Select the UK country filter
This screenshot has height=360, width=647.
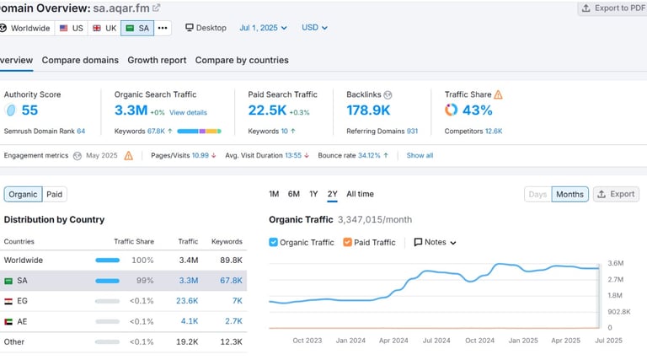(x=104, y=28)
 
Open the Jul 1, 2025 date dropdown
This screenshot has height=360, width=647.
(x=263, y=28)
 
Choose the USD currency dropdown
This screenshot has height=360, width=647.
(x=314, y=28)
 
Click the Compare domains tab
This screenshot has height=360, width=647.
(x=80, y=60)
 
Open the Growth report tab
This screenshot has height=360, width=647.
(x=157, y=60)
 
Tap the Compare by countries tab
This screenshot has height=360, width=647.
(x=242, y=60)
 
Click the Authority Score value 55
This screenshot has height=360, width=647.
(x=29, y=110)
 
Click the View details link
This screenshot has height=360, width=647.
(x=188, y=112)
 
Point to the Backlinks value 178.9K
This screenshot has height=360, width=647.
(x=368, y=110)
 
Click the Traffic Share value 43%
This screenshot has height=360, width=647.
(x=477, y=110)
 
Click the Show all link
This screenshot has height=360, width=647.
(x=420, y=155)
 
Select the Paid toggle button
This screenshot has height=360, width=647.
(x=54, y=194)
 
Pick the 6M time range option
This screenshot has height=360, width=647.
(x=293, y=194)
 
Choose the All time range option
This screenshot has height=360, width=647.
(x=360, y=194)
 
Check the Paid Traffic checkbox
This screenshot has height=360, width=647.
(x=348, y=242)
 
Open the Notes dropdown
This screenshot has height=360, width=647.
(x=435, y=242)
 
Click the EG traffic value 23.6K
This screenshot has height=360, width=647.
(x=187, y=301)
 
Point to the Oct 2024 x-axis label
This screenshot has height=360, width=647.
(x=479, y=341)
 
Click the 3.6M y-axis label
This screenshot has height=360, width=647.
(x=615, y=264)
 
